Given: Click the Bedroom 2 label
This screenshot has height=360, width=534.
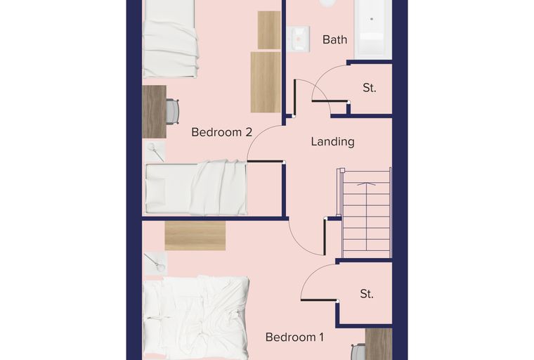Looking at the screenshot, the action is pos(222,132).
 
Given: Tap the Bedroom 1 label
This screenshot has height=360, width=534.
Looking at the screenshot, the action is pos(294,337).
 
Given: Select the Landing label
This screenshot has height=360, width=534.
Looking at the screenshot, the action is pos(333,141).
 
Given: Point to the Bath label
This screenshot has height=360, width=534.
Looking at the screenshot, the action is pos(334,39).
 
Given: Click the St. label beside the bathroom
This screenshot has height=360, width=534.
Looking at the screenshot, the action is pos(370,88).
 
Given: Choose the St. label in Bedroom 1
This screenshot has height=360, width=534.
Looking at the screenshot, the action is pos(367,294).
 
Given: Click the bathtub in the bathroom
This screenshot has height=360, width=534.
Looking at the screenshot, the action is pos(371,29).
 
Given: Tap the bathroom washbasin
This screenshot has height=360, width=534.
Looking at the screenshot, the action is pos(298,39).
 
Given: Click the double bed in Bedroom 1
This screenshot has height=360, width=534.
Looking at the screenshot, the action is pos(196,318).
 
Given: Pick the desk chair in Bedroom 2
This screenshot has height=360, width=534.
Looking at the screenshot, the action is pos(172,111).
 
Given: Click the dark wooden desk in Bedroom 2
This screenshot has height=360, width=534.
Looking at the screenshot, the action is pos(155,112).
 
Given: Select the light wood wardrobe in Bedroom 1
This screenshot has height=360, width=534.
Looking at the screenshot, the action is pos(195,236).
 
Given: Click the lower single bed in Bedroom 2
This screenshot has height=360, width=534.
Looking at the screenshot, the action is pos(196,188).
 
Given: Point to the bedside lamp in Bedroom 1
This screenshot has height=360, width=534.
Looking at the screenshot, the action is pos(155,264).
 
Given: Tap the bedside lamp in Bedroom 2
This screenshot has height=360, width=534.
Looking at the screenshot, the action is pos(155,152).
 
